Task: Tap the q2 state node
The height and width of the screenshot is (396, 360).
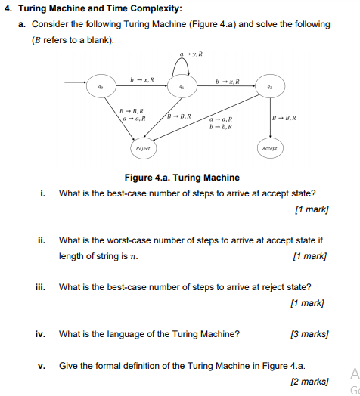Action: pyautogui.click(x=269, y=86)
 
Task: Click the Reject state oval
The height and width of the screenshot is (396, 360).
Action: pyautogui.click(x=143, y=149)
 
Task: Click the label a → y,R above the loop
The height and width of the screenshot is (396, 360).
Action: pyautogui.click(x=191, y=54)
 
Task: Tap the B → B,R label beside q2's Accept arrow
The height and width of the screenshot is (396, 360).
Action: pyautogui.click(x=285, y=118)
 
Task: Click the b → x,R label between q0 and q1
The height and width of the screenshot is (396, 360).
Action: pyautogui.click(x=143, y=79)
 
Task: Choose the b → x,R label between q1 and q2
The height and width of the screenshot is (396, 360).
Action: pyautogui.click(x=228, y=79)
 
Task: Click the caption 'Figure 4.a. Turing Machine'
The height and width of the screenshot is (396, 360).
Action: pyautogui.click(x=182, y=178)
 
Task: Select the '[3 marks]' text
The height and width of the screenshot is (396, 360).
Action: pyautogui.click(x=309, y=333)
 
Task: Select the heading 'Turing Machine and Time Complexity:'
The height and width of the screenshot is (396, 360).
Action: pyautogui.click(x=98, y=9)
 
